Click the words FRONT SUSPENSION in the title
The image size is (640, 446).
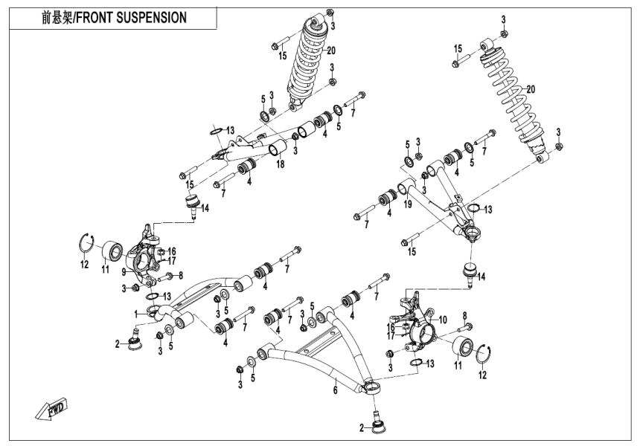[132, 16]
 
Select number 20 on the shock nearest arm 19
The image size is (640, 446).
[531, 90]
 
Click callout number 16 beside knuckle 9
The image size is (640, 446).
[172, 251]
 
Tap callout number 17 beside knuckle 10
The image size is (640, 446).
[390, 335]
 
